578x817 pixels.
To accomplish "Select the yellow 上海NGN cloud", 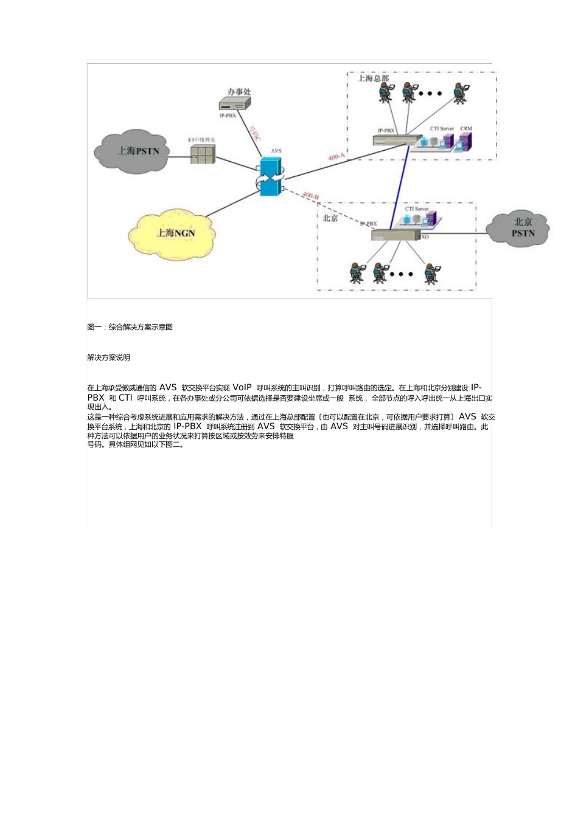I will click(x=172, y=233).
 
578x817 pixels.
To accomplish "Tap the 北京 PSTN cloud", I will click(x=521, y=228).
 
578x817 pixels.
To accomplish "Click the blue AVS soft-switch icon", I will click(x=271, y=177).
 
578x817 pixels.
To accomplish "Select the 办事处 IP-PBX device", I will click(x=235, y=103).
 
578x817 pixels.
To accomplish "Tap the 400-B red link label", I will click(x=310, y=196).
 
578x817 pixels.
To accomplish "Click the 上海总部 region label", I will click(x=373, y=78).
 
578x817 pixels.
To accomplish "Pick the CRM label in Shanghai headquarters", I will click(x=466, y=129).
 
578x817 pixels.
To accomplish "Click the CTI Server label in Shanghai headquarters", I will click(x=442, y=129).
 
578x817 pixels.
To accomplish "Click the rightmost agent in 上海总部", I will click(x=461, y=93).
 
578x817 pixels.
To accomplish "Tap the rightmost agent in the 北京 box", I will click(x=431, y=273).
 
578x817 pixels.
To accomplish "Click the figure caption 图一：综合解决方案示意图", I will click(x=130, y=327).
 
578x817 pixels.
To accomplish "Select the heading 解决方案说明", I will click(x=109, y=357).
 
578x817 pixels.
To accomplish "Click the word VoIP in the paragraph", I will click(x=242, y=387).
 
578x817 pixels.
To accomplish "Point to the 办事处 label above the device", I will click(x=239, y=92).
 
